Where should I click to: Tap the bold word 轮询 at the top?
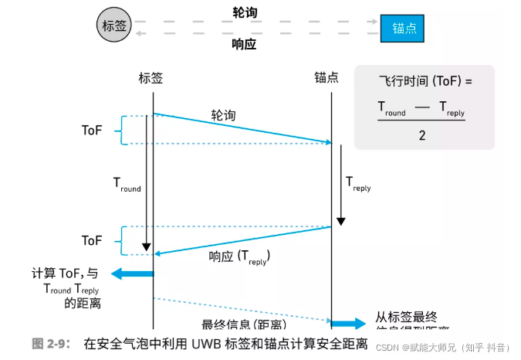(x=245, y=12)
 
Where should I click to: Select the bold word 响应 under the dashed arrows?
(x=245, y=44)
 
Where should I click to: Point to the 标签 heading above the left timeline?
(x=151, y=78)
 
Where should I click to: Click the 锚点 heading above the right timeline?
(x=326, y=78)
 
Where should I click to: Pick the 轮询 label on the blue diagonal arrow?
(x=224, y=114)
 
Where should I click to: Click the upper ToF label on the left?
(x=92, y=130)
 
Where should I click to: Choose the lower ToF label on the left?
(x=92, y=240)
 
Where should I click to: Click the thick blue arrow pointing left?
(x=132, y=273)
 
